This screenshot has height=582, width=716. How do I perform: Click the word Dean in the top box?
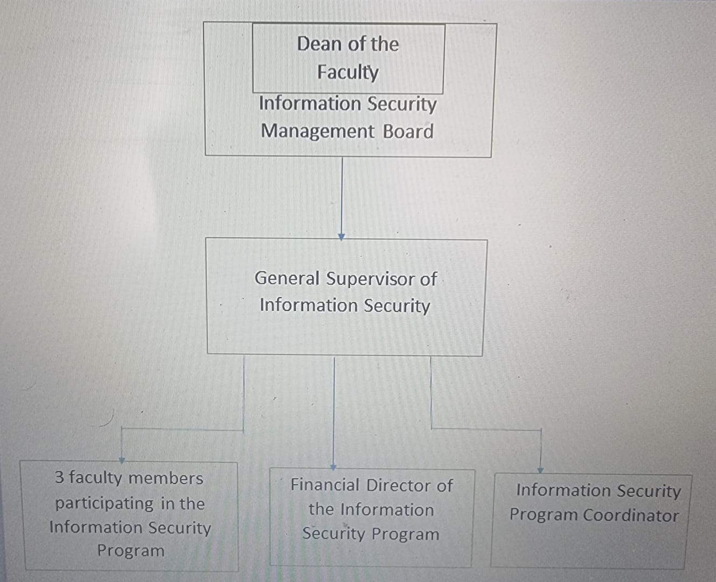click(x=316, y=44)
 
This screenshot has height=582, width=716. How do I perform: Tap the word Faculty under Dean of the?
click(x=347, y=72)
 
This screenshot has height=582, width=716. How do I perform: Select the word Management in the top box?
click(x=317, y=131)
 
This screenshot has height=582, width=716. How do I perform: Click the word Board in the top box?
click(x=408, y=131)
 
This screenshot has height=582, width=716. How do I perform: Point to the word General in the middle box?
click(x=287, y=278)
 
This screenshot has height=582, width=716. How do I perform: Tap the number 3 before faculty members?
click(x=59, y=477)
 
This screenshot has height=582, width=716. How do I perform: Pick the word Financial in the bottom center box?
click(x=324, y=485)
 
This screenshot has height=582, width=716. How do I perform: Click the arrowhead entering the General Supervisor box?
click(x=341, y=237)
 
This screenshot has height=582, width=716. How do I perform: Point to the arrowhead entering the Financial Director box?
click(x=333, y=467)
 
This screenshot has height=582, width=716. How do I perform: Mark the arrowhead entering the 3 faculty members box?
click(x=122, y=460)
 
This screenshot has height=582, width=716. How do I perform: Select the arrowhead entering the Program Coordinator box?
click(x=540, y=470)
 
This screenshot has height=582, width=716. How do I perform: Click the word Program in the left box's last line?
click(x=130, y=551)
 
